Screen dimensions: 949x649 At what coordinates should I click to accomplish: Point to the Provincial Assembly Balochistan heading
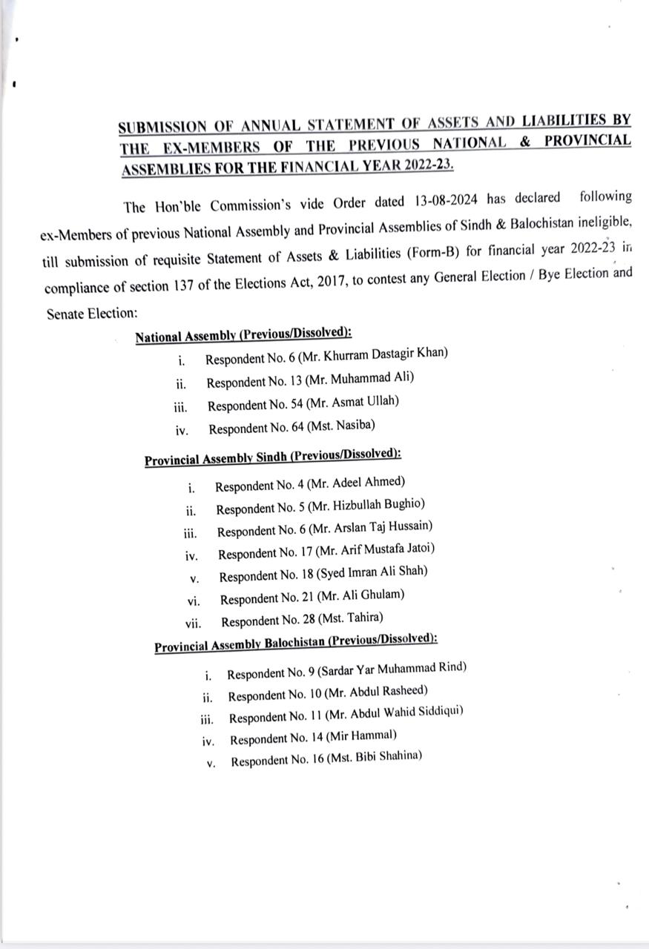(295, 642)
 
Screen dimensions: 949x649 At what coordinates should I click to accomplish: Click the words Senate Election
(90, 313)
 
